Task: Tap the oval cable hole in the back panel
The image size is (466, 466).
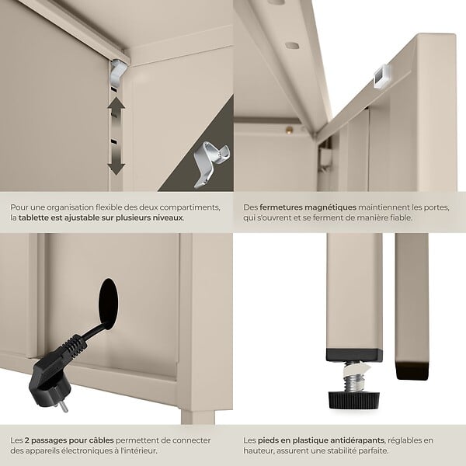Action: pyautogui.click(x=108, y=304)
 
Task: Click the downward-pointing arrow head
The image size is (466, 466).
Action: pyautogui.click(x=116, y=169)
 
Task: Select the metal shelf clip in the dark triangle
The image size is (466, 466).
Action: pyautogui.click(x=210, y=163)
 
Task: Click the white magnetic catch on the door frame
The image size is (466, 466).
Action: pyautogui.click(x=381, y=76)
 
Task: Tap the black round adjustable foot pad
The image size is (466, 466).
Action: pyautogui.click(x=353, y=400)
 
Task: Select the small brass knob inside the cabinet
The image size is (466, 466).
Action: pyautogui.click(x=289, y=129)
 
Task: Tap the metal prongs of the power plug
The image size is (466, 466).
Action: pyautogui.click(x=64, y=406)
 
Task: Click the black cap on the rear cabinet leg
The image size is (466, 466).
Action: pyautogui.click(x=412, y=370)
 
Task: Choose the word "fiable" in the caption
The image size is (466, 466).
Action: pyautogui.click(x=402, y=217)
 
